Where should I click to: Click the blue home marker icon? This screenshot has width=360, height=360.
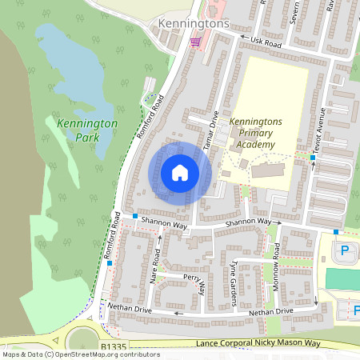[180, 172]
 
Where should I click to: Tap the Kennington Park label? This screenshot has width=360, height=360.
[87, 131]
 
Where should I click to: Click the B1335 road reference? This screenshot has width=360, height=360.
[114, 345]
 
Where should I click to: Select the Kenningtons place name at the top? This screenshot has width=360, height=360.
[194, 24]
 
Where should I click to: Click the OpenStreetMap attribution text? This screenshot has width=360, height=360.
[80, 354]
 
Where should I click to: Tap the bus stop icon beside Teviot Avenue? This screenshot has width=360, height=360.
[313, 158]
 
